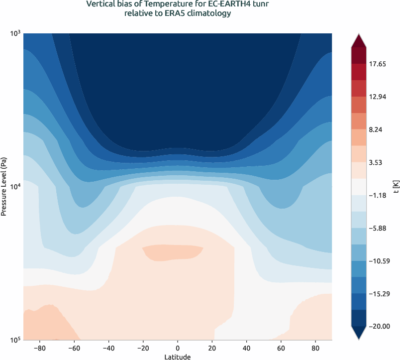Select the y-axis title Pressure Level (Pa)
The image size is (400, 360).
pyautogui.click(x=4, y=186)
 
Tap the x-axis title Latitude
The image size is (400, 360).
pyautogui.click(x=178, y=357)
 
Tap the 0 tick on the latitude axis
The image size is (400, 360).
pyautogui.click(x=178, y=348)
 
